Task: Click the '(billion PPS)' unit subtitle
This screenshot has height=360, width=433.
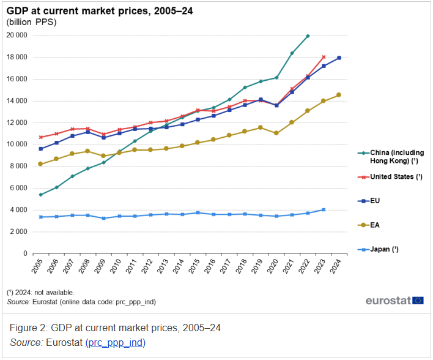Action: point(31,22)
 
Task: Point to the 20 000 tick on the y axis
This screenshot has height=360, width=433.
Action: point(17,36)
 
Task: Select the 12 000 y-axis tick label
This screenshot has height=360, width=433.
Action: point(17,122)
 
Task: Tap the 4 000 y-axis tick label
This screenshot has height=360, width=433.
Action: point(18,210)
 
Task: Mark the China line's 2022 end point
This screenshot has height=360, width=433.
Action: point(308,36)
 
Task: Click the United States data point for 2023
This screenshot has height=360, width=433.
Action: point(324,57)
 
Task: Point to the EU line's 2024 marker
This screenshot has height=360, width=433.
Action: point(339,58)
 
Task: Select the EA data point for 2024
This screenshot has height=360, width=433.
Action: point(339,95)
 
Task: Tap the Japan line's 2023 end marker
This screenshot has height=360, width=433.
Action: point(324,209)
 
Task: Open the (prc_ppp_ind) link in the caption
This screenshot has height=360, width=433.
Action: point(115,343)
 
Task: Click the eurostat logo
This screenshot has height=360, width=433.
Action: point(394,300)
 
